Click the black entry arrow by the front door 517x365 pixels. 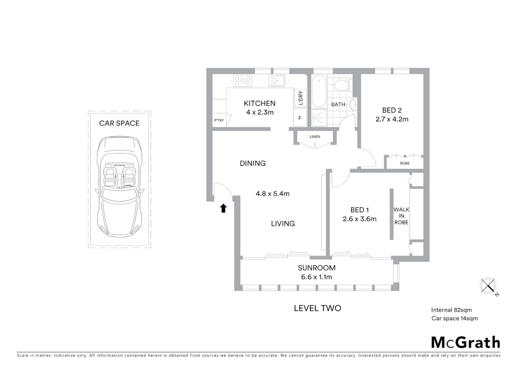point(223,208)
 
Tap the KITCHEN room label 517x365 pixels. point(260,103)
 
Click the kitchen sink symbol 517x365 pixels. point(276,81)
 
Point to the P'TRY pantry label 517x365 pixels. point(219,120)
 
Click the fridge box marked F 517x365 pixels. point(300,118)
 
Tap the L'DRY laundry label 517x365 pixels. point(300,98)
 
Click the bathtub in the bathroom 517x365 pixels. point(319,91)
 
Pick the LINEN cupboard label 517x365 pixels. point(315,137)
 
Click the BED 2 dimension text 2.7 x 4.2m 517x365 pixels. point(392,119)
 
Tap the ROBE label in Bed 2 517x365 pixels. point(405,163)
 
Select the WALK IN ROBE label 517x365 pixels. point(401,216)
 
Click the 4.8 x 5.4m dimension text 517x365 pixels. point(272,194)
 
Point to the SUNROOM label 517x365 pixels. point(317,268)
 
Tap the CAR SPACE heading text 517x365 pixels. point(119,123)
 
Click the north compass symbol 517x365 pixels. point(488,286)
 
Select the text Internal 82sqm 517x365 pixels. point(451,310)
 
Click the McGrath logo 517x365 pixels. point(466,342)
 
